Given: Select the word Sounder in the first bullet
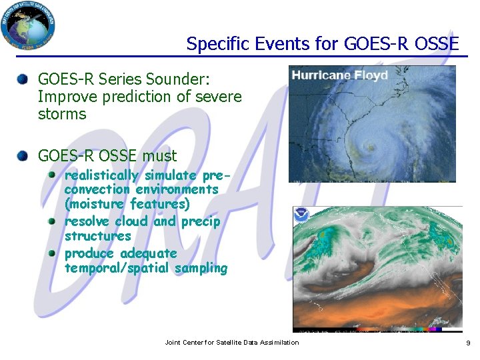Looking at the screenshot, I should click(181, 79).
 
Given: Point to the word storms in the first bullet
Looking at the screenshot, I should click(62, 114).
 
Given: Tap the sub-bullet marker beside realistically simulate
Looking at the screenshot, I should click(53, 175).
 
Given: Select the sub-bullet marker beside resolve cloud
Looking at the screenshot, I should click(53, 221).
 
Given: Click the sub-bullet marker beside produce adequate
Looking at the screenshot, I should click(53, 253).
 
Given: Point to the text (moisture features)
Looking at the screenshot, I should click(127, 204).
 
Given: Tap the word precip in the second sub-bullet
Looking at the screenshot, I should click(200, 221).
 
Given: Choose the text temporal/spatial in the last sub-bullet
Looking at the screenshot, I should click(117, 268).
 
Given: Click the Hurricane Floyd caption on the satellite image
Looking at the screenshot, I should click(339, 75).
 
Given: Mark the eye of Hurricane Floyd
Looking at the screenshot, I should click(371, 146).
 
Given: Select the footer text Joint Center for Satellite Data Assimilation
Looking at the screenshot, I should click(232, 343).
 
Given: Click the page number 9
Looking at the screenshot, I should click(467, 343).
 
